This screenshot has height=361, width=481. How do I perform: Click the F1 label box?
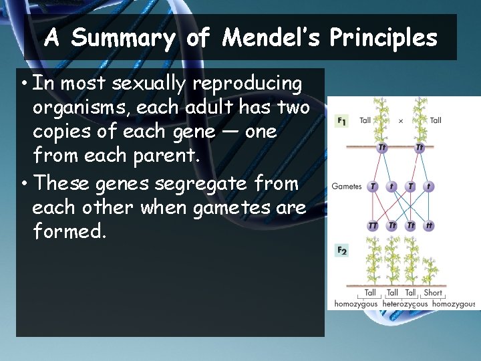tap(341, 120)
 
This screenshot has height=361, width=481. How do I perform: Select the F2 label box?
tap(341, 251)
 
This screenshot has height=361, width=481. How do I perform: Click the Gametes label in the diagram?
tap(347, 187)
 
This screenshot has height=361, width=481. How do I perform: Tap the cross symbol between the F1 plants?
tap(401, 120)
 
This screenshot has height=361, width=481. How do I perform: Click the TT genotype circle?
tap(373, 226)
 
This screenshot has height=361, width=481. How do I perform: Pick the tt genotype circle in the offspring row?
tap(428, 226)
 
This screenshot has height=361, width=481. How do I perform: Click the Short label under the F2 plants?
tap(433, 292)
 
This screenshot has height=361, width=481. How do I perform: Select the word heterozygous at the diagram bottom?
tap(404, 304)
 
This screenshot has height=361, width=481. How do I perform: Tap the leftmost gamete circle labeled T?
tap(373, 187)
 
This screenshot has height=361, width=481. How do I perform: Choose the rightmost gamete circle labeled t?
tap(428, 187)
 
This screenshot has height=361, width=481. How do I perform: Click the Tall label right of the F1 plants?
tap(436, 120)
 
